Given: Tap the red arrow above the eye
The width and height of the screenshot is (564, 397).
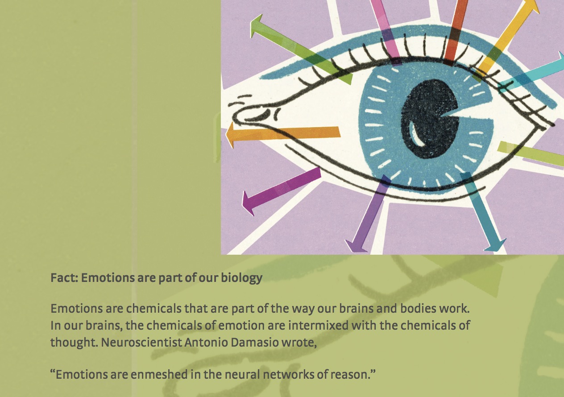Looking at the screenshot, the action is point(455,33).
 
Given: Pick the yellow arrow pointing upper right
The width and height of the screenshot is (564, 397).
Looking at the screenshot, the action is point(506,40).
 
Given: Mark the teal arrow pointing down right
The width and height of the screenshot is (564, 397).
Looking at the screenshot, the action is point(482,211).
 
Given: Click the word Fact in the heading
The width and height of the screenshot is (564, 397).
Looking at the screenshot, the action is point(64,277).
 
